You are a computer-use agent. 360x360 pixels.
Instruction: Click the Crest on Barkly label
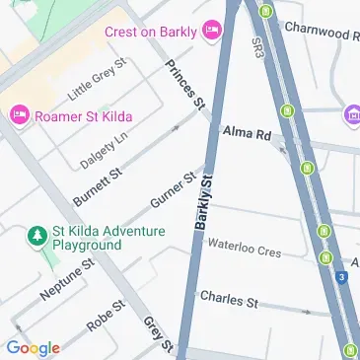150,32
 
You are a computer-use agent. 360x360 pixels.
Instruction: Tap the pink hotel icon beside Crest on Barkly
212,32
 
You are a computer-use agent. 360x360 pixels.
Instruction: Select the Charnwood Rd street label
321,33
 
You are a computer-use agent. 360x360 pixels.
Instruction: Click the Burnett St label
96,180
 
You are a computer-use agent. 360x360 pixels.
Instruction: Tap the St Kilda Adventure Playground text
95,236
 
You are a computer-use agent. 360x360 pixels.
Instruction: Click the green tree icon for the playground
36,235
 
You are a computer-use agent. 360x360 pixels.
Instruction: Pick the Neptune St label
66,282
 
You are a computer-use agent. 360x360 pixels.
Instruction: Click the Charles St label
228,297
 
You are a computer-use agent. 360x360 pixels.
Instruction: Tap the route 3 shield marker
341,279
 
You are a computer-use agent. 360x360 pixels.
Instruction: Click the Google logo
33,347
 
